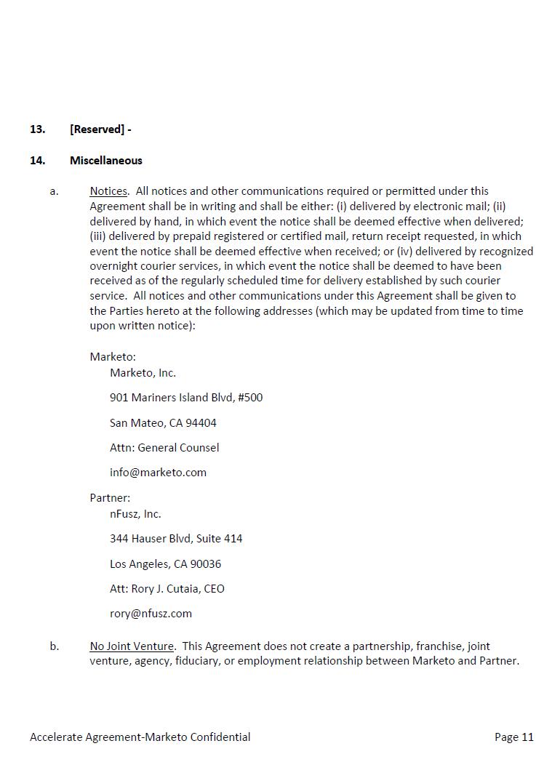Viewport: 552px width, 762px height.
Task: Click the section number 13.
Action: tap(37, 129)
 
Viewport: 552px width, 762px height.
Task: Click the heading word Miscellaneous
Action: tap(106, 161)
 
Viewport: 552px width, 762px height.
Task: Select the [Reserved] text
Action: tap(97, 129)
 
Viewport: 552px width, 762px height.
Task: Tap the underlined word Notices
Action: tap(108, 191)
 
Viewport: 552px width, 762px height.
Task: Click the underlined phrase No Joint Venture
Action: tap(132, 646)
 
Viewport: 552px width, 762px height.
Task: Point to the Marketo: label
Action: tap(113, 357)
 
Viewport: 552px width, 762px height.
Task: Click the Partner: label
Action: tap(110, 498)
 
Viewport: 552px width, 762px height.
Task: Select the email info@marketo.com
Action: tap(158, 473)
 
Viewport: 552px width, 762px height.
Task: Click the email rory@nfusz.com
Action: tap(151, 614)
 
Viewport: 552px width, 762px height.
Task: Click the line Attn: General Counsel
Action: tap(164, 448)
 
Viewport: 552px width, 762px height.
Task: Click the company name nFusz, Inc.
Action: tap(135, 514)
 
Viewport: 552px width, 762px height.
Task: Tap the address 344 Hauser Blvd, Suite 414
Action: tap(176, 539)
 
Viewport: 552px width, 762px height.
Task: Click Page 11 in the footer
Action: tap(513, 737)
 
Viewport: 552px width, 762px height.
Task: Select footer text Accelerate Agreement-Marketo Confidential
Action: tap(140, 737)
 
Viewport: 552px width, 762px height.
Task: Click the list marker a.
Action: tap(54, 191)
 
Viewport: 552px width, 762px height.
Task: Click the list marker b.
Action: tap(55, 646)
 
